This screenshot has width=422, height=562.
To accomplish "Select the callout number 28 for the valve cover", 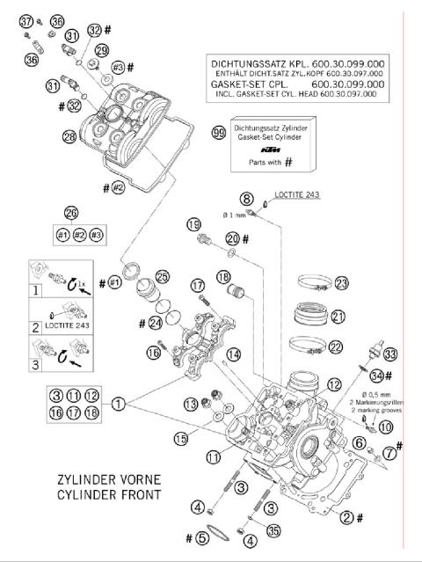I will tap(69, 137).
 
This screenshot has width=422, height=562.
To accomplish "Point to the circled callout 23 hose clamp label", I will tap(341, 283).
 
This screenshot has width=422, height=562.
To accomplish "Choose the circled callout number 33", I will tap(390, 354).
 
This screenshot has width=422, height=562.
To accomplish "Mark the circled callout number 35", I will tap(273, 530).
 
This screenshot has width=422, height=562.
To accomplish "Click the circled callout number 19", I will tap(193, 225).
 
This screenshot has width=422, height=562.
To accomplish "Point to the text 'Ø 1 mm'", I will tap(237, 215).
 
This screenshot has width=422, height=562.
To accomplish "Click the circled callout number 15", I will tap(181, 437).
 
